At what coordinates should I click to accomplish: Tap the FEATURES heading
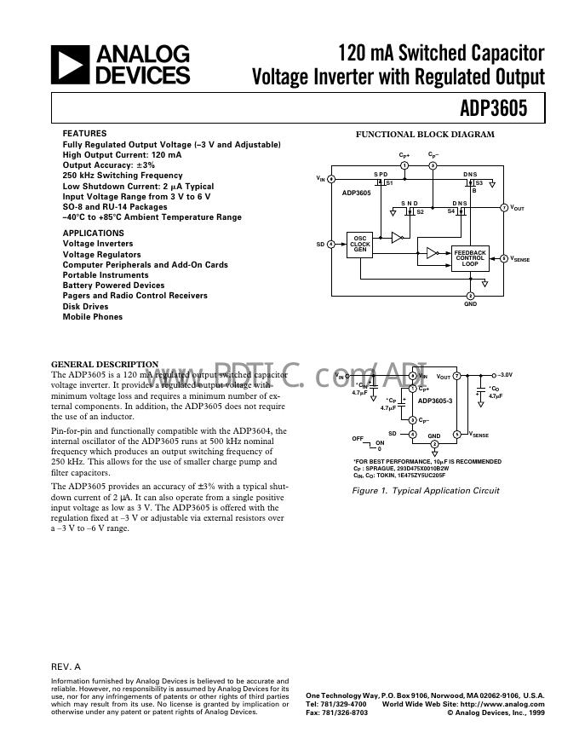[84, 134]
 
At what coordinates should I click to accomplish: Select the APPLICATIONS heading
[93, 232]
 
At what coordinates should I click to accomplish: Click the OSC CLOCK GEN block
[359, 243]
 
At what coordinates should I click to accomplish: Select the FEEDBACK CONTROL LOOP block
[470, 258]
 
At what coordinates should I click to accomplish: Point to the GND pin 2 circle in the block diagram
[470, 295]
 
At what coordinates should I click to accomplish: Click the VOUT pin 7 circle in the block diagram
[503, 208]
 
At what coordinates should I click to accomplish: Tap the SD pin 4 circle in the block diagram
[330, 244]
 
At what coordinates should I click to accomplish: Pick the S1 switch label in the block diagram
[389, 182]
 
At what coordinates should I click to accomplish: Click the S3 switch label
[479, 182]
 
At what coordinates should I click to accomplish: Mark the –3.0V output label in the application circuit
[506, 375]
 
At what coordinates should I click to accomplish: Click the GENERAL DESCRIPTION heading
[105, 364]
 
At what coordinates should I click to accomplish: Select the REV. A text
[66, 666]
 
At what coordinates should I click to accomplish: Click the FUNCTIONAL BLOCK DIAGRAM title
[424, 135]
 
